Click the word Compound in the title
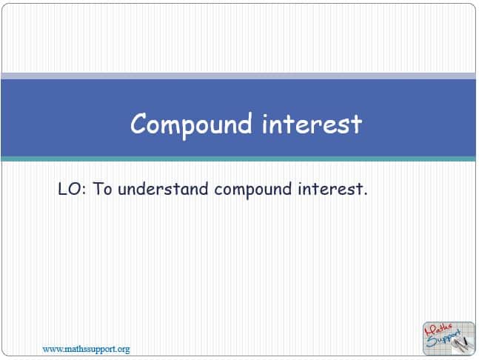point(191,124)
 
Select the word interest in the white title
point(312,124)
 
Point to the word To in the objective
point(102,189)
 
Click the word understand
point(163,189)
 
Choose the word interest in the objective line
point(330,189)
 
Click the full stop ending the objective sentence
point(365,194)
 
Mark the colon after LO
point(84,190)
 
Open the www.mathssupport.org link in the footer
point(86,349)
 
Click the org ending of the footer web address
point(124,350)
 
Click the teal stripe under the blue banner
point(238,159)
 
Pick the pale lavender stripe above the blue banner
point(238,76)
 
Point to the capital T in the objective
point(98,189)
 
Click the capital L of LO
point(62,189)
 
